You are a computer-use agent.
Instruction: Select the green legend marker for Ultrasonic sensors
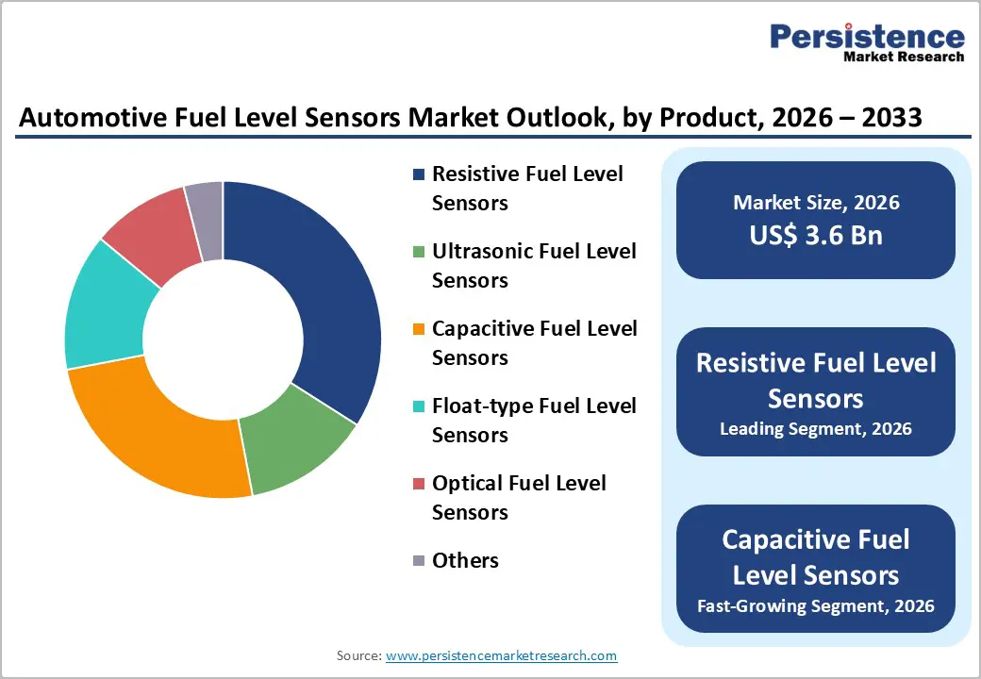(419, 252)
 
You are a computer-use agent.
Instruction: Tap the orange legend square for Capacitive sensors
(419, 329)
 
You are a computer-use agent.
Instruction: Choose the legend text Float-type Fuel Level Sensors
(533, 421)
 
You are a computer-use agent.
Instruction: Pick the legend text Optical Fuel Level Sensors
(518, 498)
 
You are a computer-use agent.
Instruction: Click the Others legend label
(465, 561)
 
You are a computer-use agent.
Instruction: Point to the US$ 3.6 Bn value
(816, 235)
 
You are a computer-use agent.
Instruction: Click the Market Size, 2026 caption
(816, 203)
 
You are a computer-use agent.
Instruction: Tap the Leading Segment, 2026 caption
(816, 429)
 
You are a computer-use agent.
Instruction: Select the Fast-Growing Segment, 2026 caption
(816, 605)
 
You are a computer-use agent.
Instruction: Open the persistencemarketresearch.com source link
(501, 655)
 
